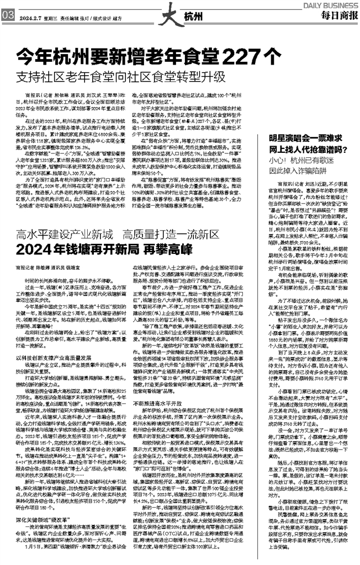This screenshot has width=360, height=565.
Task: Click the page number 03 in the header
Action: [8, 17]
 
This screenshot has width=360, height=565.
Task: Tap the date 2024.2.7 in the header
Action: [30, 18]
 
